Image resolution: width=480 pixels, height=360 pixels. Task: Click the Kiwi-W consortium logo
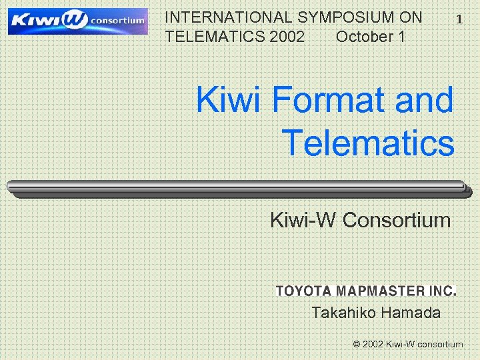[x=77, y=21]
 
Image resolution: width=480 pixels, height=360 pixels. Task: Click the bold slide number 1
[x=459, y=20]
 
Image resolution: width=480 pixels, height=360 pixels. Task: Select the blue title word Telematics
[x=369, y=143]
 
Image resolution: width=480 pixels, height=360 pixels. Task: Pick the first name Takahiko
[x=341, y=313]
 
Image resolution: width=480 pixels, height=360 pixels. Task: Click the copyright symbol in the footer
[x=357, y=345]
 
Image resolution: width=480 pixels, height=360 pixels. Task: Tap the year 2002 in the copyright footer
[x=373, y=345]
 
